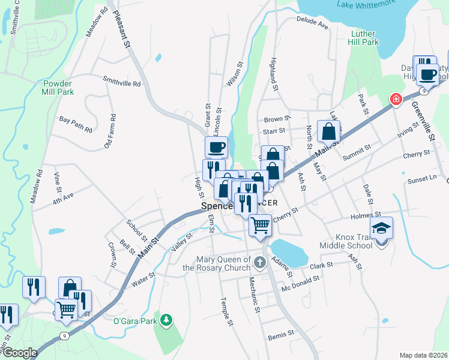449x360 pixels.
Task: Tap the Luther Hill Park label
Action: click(364, 38)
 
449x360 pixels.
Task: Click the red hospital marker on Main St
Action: click(396, 100)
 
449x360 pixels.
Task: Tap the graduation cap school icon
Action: click(381, 228)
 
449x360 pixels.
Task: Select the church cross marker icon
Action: click(259, 262)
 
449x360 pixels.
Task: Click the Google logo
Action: click(19, 353)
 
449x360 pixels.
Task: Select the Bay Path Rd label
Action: click(76, 124)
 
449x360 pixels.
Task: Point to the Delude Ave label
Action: click(312, 23)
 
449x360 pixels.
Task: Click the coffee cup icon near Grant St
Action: click(216, 146)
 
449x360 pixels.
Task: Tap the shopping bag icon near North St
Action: click(329, 131)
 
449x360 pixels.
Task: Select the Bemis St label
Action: click(281, 332)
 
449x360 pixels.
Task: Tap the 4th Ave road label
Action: click(62, 197)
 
